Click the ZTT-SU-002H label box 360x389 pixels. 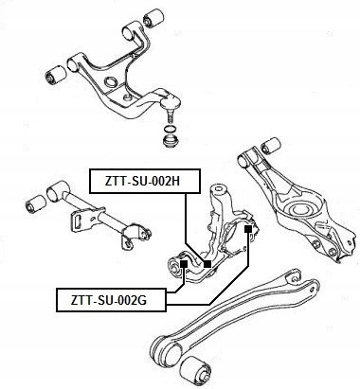145,181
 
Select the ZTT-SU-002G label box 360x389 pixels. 111,300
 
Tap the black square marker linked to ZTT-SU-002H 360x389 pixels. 207,264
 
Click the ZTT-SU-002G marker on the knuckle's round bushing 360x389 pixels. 184,263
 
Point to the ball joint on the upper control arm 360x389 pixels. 171,102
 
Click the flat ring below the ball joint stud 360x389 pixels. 170,129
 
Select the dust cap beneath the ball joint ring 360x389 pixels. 170,141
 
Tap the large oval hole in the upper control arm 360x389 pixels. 111,82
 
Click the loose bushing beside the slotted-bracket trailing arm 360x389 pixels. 35,203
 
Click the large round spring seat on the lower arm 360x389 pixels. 300,211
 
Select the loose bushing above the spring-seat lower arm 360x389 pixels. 271,145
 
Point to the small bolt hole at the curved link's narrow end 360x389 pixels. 295,278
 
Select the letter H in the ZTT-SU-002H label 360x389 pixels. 175,182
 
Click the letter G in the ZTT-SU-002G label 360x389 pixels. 142,300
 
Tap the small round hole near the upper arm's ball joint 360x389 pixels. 128,97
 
